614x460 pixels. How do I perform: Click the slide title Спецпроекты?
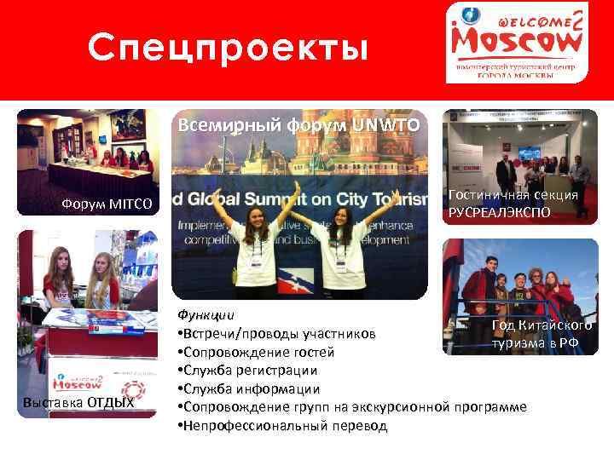pos(229,49)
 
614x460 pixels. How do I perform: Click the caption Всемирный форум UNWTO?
pos(298,125)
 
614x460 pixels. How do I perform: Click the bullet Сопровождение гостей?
pos(255,352)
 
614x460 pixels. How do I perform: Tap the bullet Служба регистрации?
pos(247,371)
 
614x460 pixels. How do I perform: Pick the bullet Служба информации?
pos(247,389)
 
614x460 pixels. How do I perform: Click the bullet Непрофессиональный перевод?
pos(282,426)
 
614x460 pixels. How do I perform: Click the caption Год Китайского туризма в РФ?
pos(542,335)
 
